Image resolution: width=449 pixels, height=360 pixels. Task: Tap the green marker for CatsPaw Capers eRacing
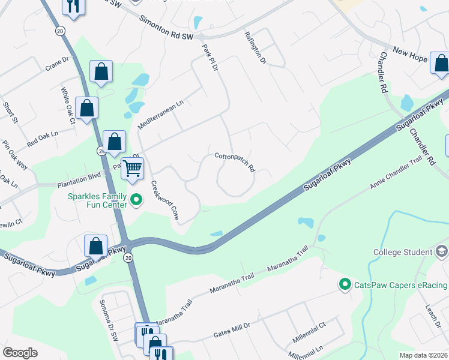pyautogui.click(x=345, y=284)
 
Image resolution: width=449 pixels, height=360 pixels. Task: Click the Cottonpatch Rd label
pyautogui.click(x=235, y=161)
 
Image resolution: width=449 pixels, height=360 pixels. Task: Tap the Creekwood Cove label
pyautogui.click(x=163, y=201)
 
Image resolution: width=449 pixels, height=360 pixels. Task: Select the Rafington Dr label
pyautogui.click(x=255, y=47)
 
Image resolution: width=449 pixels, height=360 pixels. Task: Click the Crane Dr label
pyautogui.click(x=58, y=64)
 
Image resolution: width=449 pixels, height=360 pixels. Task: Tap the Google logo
pyautogui.click(x=20, y=353)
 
